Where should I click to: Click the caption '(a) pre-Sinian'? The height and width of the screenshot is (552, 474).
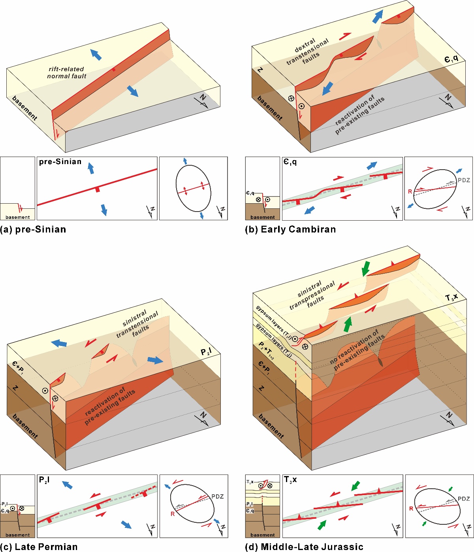33,229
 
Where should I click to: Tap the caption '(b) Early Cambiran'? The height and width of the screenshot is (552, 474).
290,229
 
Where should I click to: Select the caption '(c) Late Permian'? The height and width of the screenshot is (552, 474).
39,546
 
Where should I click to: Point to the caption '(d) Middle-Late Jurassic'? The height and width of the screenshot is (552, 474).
304,546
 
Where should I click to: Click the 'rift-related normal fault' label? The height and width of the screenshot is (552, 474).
67,73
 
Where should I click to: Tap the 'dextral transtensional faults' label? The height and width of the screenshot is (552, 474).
307,52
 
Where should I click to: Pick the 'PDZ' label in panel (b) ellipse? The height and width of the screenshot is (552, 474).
464,180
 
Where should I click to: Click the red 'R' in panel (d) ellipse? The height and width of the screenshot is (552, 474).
411,509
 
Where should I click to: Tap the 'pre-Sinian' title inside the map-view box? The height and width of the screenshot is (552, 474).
60,162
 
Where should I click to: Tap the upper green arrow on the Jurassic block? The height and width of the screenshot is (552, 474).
366,268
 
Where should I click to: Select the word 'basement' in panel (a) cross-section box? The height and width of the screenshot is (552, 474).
18,217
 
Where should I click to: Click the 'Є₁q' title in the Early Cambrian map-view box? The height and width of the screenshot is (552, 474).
290,162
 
